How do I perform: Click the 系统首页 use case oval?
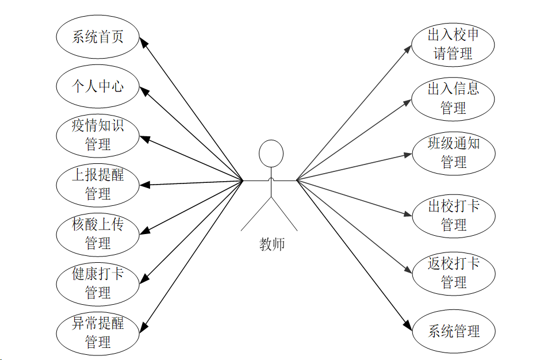point(98,37)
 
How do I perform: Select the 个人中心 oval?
point(98,87)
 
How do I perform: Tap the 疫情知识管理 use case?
point(98,135)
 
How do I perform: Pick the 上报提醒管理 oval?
point(98,184)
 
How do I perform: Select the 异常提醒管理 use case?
point(98,332)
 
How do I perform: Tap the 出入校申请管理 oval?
point(453,44)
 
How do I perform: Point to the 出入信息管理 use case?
point(453,98)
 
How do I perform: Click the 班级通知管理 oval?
point(453,152)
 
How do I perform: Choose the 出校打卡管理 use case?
point(453,215)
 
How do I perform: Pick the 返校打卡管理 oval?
point(453,273)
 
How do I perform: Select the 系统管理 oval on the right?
point(453,331)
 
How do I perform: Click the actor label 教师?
point(271,244)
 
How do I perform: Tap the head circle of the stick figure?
point(271,154)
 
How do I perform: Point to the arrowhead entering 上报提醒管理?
point(145,185)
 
